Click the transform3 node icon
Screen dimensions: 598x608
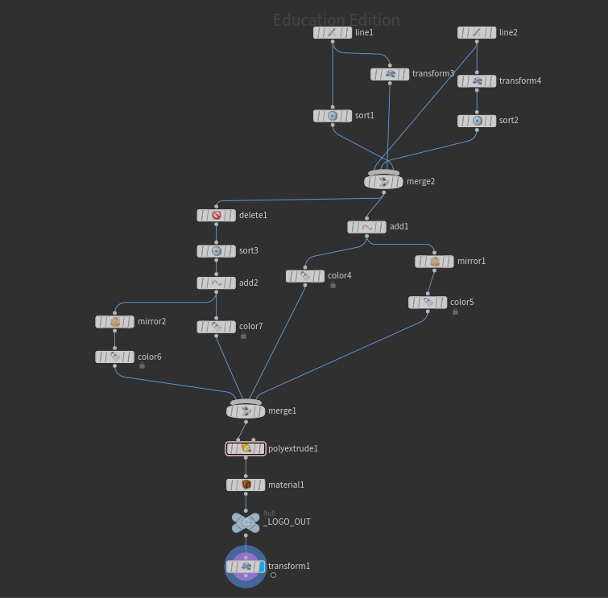tap(390, 74)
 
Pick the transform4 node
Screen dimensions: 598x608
tap(477, 81)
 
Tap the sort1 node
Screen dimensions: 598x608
tap(333, 116)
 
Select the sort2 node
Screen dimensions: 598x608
tap(477, 121)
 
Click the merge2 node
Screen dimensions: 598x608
tap(383, 182)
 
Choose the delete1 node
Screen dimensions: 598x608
tap(216, 216)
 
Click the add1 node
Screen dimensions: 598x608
tap(366, 227)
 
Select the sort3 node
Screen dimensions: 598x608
tap(216, 251)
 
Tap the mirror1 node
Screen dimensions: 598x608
tap(434, 262)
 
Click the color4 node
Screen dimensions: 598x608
tap(305, 276)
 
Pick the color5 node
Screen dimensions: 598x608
tap(428, 303)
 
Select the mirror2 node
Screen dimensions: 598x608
tap(114, 322)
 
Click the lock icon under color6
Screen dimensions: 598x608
tap(142, 365)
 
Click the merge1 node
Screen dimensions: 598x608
tap(246, 411)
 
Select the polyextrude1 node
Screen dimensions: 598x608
tap(246, 448)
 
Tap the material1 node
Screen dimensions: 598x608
tap(246, 485)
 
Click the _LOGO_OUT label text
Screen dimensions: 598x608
tap(287, 522)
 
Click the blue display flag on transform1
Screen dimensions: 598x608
tap(262, 567)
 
